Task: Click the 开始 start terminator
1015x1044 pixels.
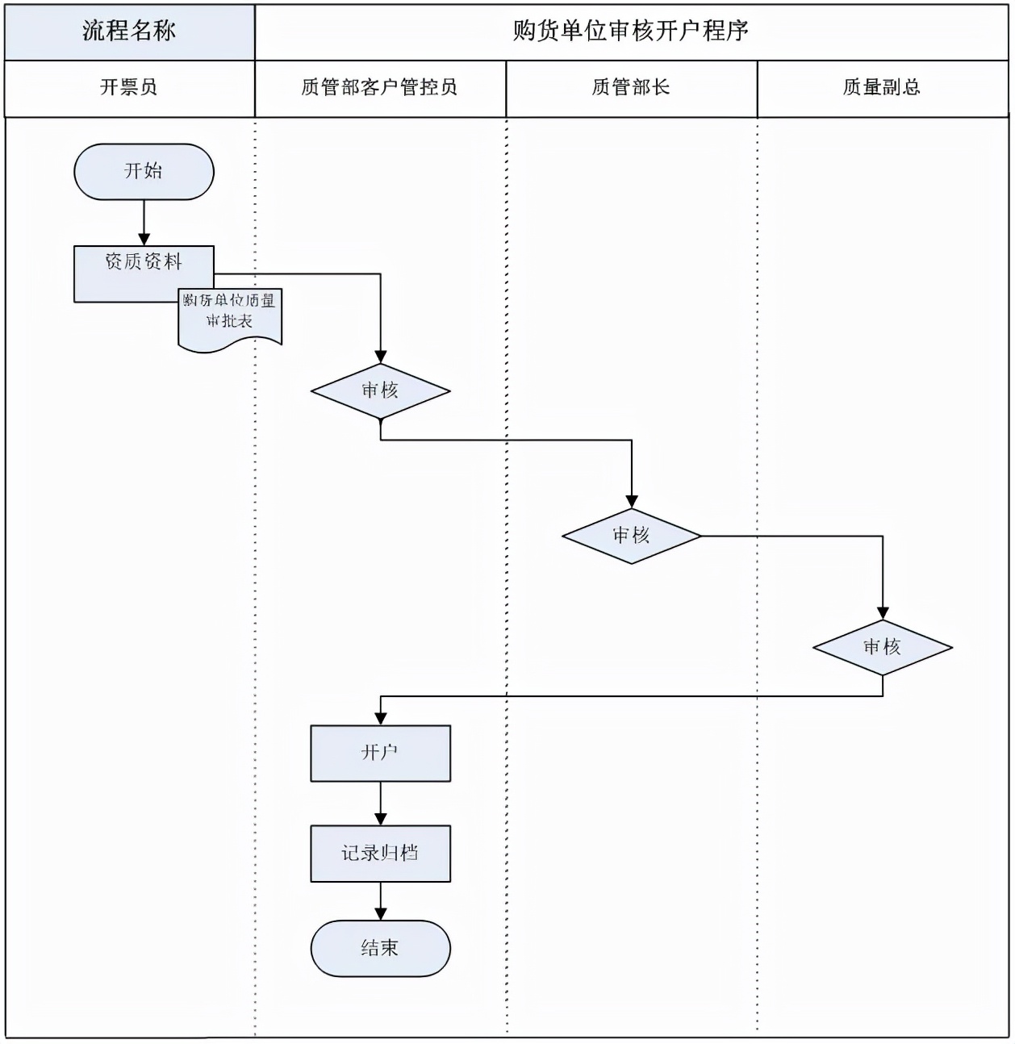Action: tap(144, 172)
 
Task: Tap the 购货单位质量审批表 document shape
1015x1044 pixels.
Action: tap(230, 318)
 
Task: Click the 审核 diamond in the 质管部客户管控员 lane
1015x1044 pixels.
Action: tap(380, 391)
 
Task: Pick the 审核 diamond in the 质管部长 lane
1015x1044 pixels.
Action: tap(631, 536)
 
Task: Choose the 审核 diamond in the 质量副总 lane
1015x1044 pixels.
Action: tap(882, 647)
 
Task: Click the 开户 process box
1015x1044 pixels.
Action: tap(380, 753)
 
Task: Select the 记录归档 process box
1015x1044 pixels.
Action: tap(380, 853)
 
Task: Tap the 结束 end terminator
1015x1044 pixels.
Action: tap(380, 948)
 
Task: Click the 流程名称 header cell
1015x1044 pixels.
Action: tap(129, 31)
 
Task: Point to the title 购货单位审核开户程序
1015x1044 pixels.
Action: tap(631, 31)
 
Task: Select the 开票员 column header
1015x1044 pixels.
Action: tap(129, 88)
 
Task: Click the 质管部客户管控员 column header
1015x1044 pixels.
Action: tap(380, 88)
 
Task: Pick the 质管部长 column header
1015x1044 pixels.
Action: tap(631, 88)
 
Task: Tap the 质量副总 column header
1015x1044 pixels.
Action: tap(882, 88)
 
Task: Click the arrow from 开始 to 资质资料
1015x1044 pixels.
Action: tap(144, 223)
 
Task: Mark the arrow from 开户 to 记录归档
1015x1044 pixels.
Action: tap(380, 804)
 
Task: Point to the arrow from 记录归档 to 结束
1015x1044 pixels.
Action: tap(380, 901)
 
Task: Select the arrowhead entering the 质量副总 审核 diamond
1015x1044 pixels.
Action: tap(882, 613)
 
